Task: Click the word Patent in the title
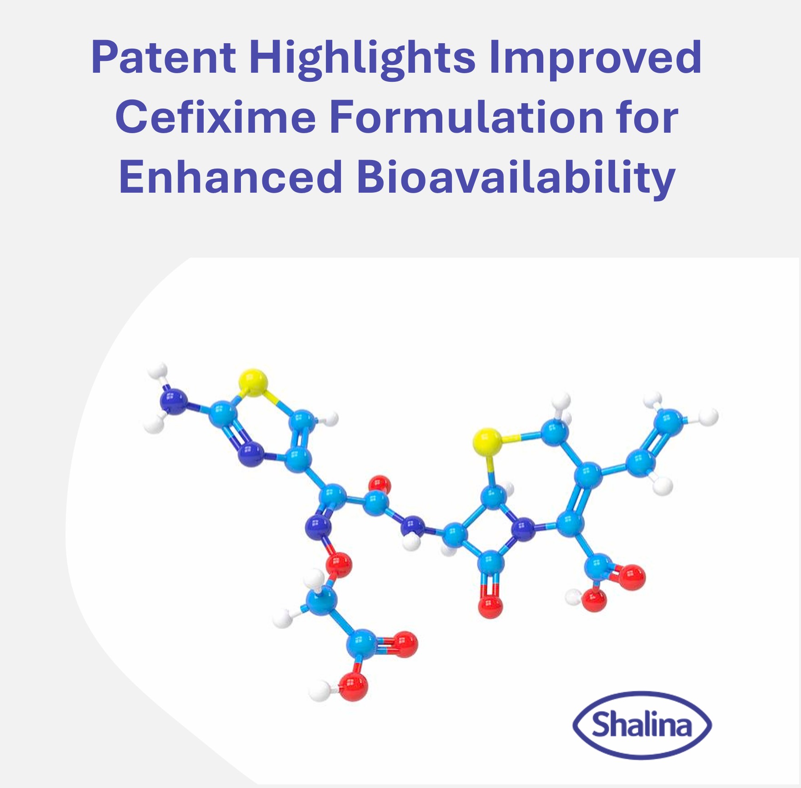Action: tap(163, 58)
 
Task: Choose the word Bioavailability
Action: tap(516, 177)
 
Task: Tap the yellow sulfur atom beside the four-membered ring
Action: tap(487, 441)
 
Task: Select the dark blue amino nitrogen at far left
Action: tap(173, 400)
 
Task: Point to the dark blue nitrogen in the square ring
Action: tap(523, 529)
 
